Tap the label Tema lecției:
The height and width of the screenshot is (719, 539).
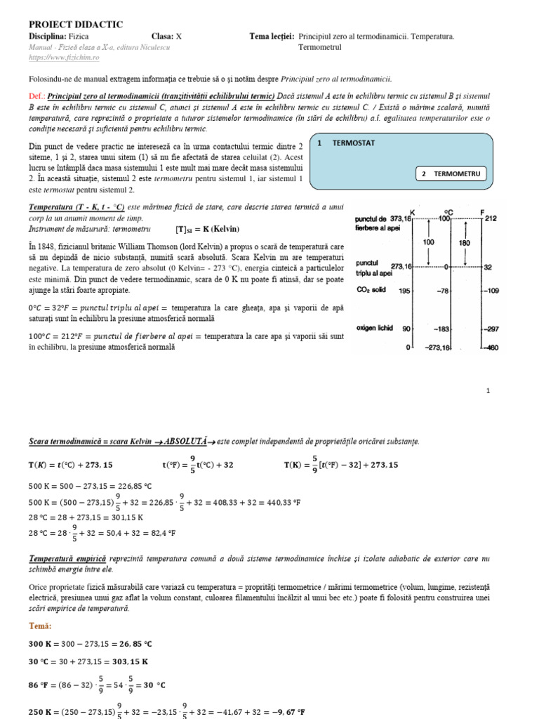click(272, 37)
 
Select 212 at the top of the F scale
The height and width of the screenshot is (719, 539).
click(491, 218)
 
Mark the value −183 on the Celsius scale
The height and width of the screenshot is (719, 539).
click(441, 328)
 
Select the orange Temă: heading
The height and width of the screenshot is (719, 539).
click(41, 626)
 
